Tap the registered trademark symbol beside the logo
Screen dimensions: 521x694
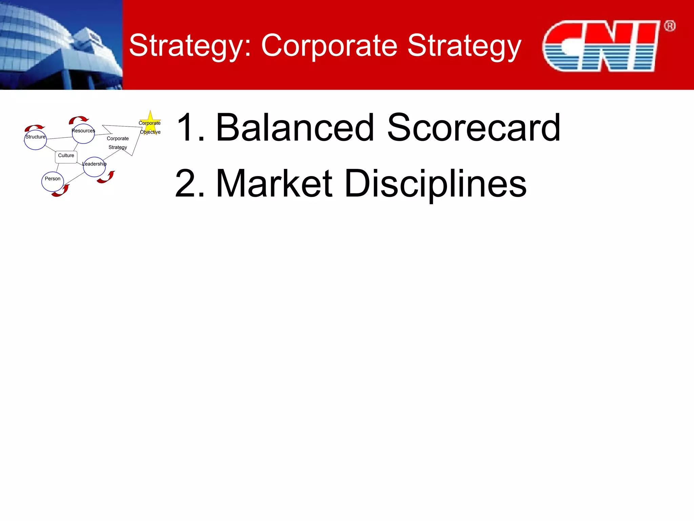click(670, 26)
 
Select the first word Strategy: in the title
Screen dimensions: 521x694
click(190, 46)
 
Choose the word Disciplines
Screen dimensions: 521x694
click(435, 184)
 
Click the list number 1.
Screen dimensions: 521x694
click(190, 128)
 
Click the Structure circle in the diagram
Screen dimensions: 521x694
click(35, 140)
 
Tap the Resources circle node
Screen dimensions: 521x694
click(83, 134)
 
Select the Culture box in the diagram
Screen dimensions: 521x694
click(66, 157)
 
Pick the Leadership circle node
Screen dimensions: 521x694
click(94, 167)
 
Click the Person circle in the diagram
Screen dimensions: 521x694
click(53, 182)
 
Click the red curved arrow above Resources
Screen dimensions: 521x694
click(79, 120)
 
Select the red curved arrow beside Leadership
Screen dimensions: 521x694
click(106, 177)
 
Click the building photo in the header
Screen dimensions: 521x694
click(61, 45)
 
